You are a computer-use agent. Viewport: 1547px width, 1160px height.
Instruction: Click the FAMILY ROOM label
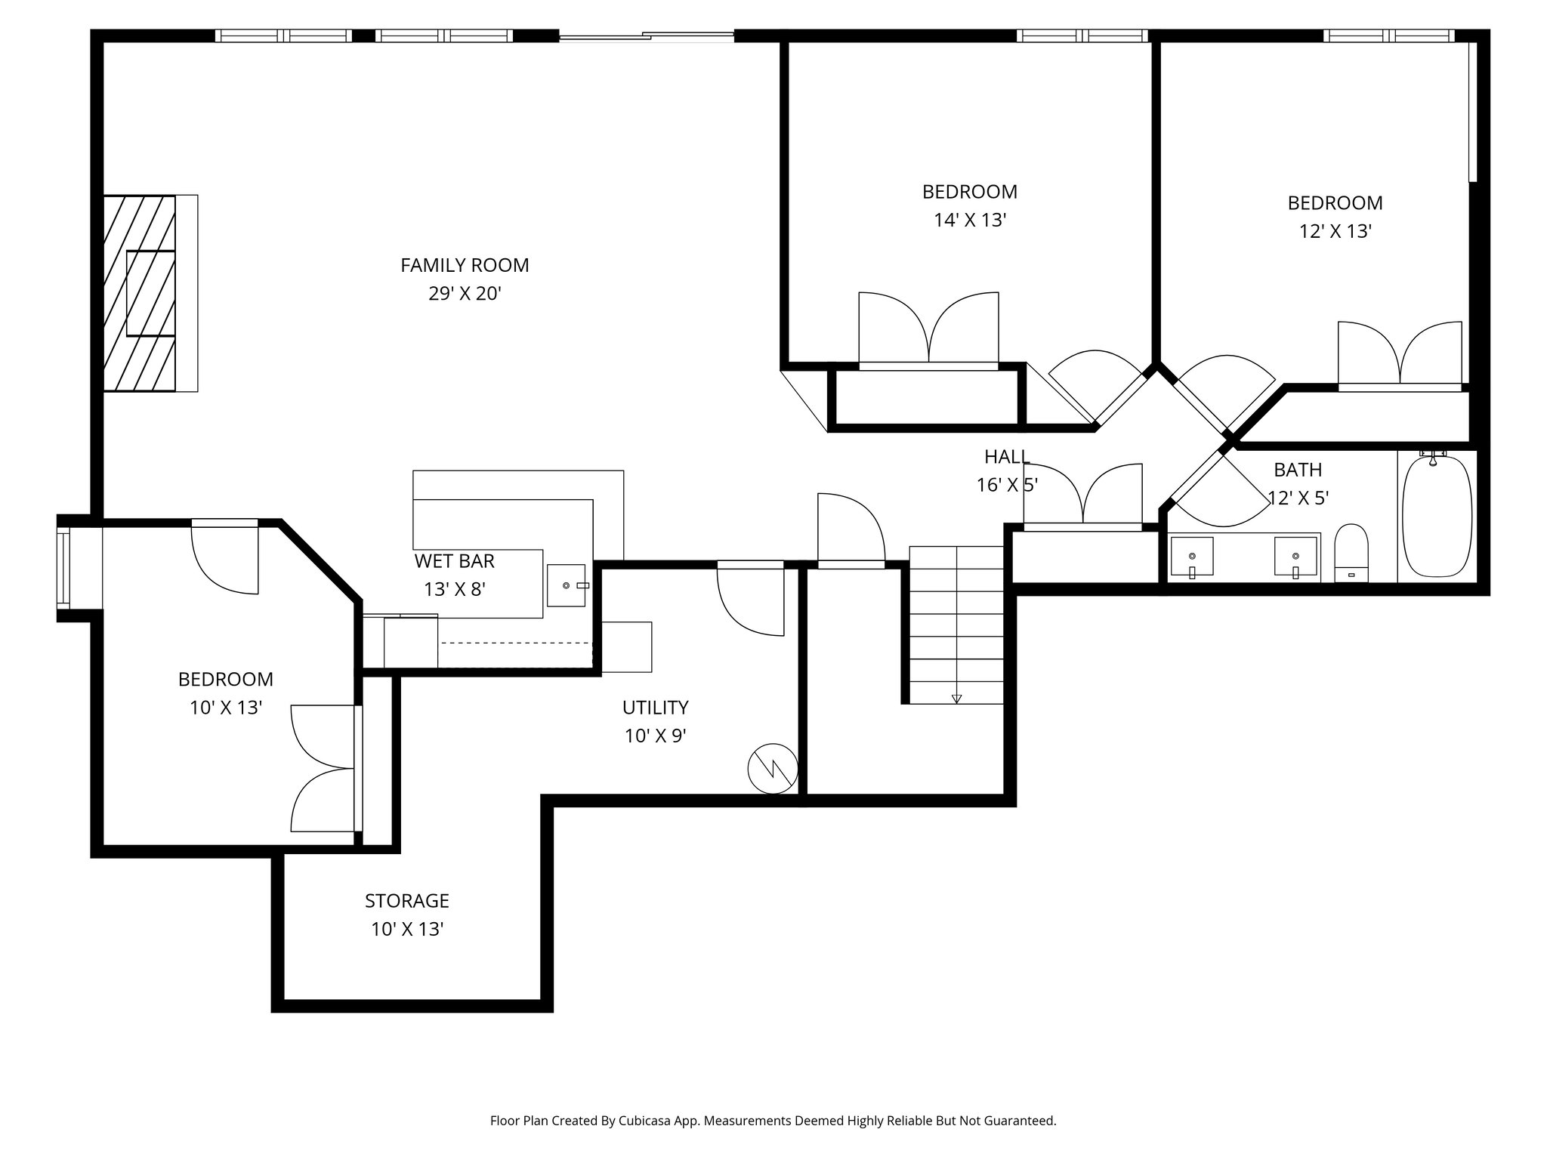[465, 265]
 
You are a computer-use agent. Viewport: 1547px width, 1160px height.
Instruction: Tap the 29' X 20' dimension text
[465, 294]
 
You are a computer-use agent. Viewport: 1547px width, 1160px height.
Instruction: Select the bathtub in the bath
[1437, 517]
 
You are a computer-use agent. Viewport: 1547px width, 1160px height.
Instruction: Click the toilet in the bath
[1351, 553]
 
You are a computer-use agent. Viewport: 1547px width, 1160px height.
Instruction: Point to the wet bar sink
[566, 585]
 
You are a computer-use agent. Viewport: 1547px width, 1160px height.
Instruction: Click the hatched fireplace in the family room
[140, 293]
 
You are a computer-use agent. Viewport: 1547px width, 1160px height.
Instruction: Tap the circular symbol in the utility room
[773, 769]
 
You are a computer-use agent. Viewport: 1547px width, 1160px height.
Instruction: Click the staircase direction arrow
[956, 698]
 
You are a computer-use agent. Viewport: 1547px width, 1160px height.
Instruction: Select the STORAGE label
[406, 901]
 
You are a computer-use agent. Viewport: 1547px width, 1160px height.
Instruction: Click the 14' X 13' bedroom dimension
[970, 221]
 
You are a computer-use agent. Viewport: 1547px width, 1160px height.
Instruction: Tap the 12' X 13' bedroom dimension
[1335, 232]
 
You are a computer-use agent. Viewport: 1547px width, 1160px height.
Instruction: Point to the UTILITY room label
[655, 708]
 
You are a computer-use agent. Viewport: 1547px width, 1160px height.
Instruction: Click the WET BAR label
[454, 561]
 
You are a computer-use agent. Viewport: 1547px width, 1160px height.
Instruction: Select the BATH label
[1298, 470]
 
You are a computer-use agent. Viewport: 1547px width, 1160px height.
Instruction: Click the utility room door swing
[748, 600]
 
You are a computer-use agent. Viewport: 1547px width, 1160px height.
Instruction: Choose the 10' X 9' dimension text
[655, 736]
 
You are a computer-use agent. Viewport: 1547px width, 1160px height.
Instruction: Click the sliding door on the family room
[646, 35]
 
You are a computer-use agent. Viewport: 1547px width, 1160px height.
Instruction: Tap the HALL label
[1007, 457]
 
